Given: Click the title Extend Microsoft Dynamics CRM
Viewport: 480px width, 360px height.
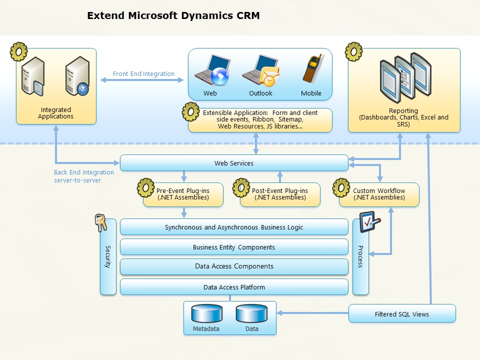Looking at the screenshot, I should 173,15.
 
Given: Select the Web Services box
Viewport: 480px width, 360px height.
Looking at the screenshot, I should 234,163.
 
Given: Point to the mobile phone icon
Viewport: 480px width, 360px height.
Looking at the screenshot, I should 312,69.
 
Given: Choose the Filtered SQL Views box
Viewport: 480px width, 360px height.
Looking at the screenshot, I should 402,313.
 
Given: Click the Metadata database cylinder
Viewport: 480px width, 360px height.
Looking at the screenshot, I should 206,313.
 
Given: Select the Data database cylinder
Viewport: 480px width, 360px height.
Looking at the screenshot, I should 251,313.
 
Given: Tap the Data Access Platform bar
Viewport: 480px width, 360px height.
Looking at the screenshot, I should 234,287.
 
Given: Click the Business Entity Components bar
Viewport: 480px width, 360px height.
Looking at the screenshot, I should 234,247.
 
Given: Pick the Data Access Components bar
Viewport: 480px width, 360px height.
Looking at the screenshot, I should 234,266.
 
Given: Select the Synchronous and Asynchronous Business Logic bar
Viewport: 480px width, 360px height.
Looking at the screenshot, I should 234,227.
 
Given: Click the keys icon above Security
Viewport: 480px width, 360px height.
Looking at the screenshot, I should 101,222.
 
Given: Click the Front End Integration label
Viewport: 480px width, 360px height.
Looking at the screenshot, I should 143,74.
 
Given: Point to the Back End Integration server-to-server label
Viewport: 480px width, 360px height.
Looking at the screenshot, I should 84,176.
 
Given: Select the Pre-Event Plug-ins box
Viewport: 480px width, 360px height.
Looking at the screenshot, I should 183,194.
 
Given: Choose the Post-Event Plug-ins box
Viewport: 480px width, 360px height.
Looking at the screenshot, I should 280,194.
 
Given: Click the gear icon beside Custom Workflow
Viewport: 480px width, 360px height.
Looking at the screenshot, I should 341,187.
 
